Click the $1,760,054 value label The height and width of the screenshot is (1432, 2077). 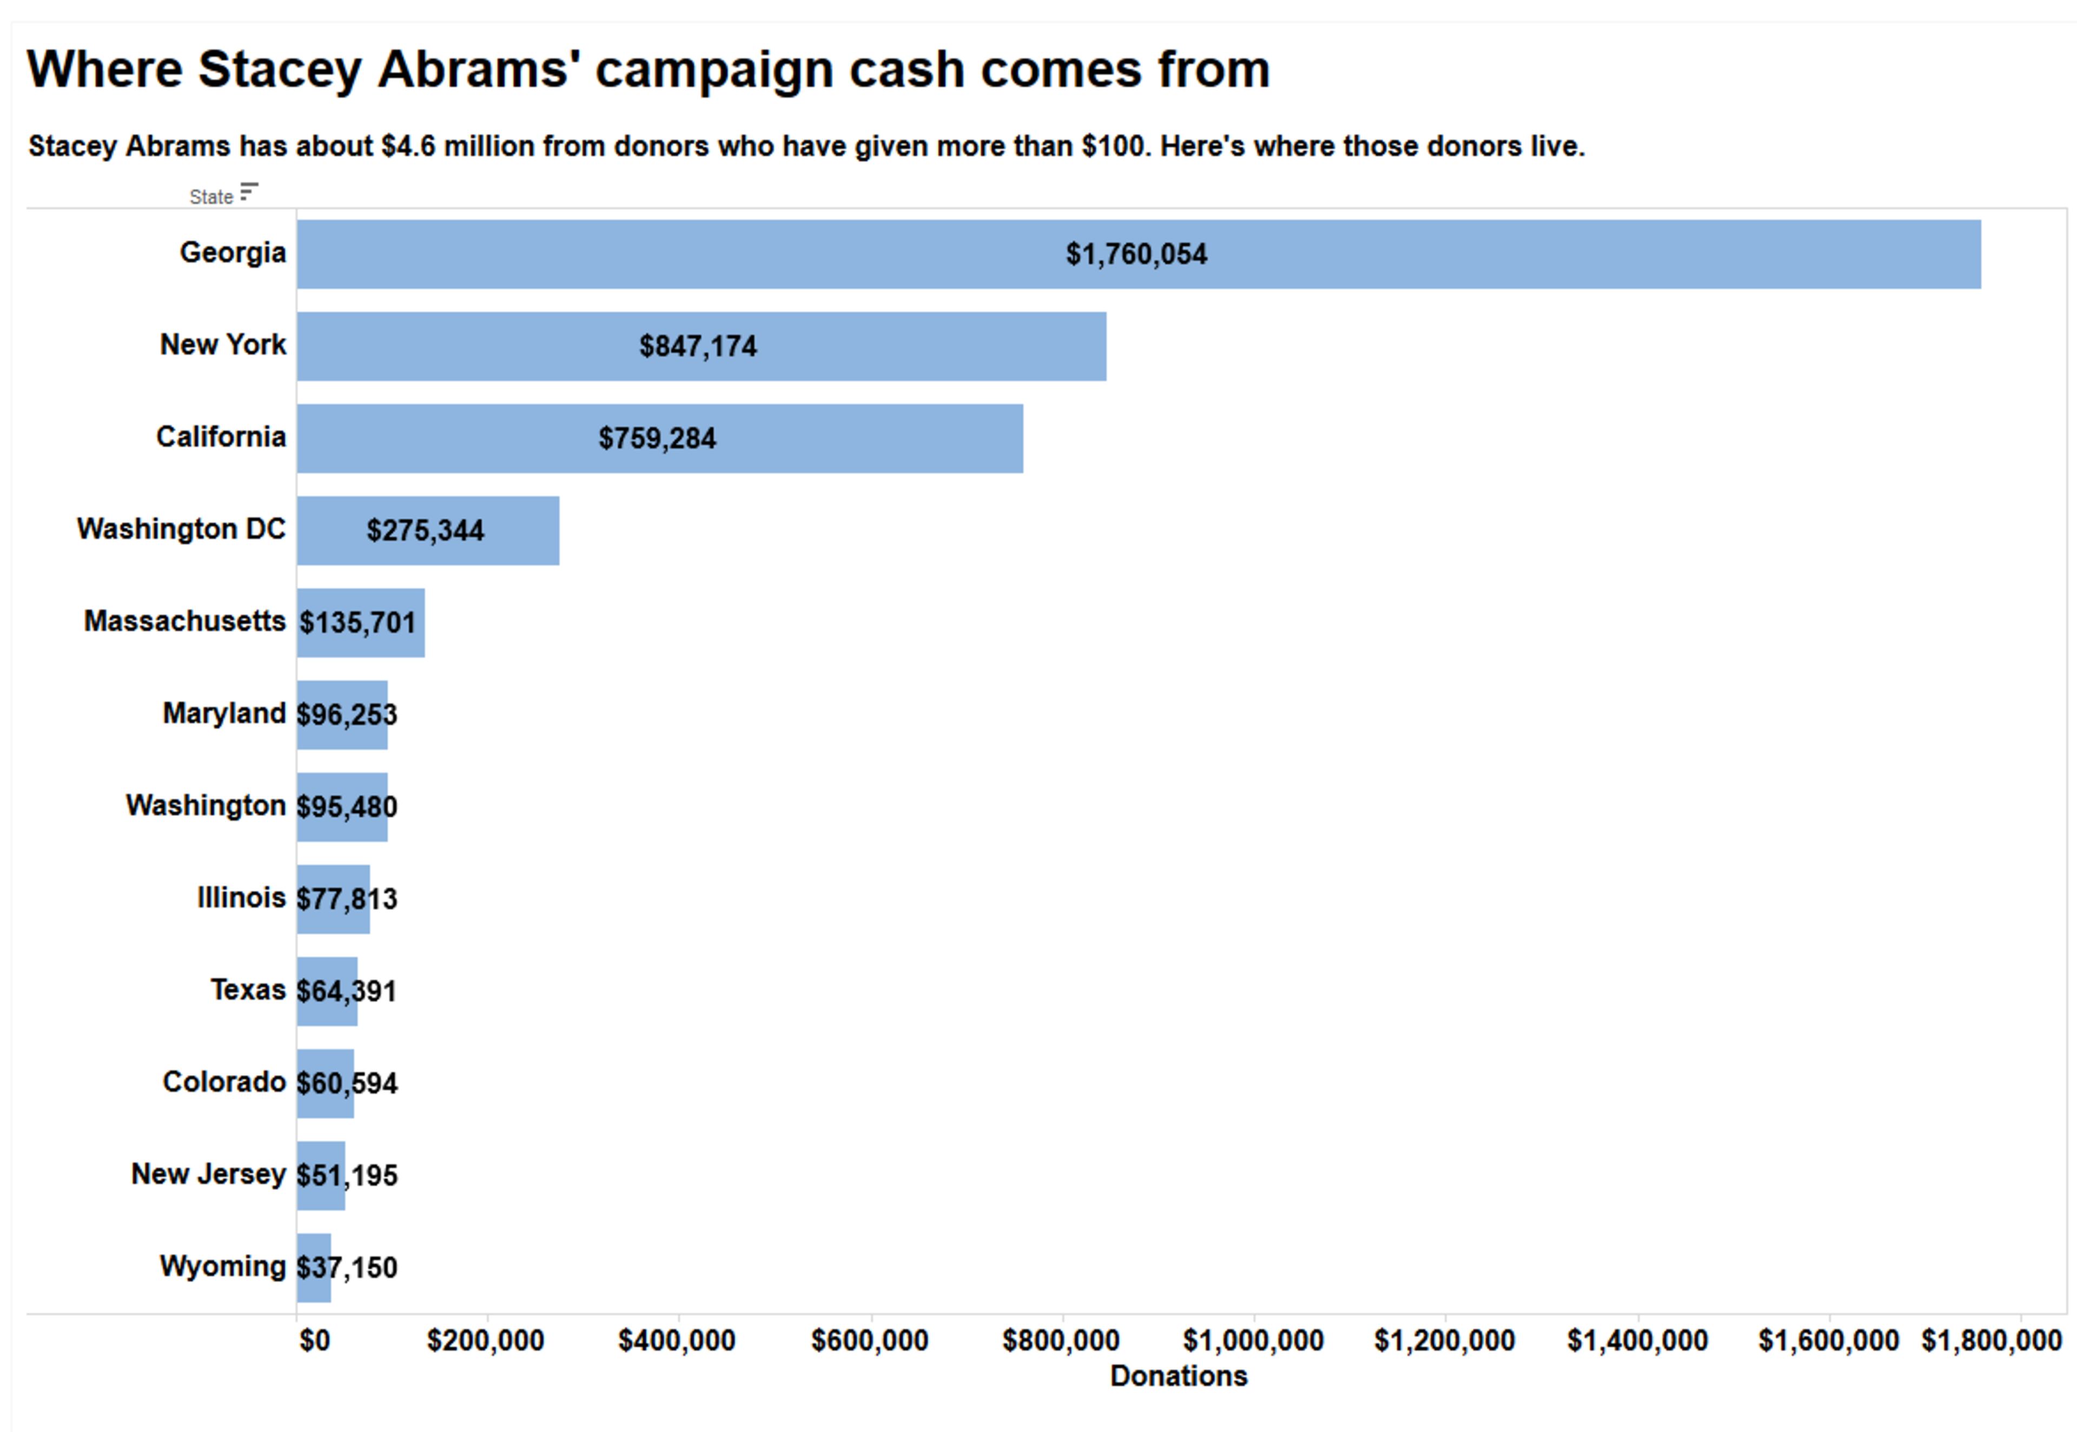click(x=1136, y=255)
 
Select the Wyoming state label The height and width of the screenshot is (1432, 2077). click(x=222, y=1266)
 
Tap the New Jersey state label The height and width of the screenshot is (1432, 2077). click(x=208, y=1174)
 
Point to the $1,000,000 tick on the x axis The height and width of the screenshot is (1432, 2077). click(x=1253, y=1341)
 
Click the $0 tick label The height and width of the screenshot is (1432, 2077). click(x=314, y=1341)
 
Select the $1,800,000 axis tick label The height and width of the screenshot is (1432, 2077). click(x=1991, y=1341)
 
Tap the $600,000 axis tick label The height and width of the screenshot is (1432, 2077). click(x=869, y=1341)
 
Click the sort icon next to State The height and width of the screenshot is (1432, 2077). click(x=248, y=192)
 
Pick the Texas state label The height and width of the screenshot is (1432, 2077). click(x=248, y=990)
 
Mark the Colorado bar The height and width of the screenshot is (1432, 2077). click(x=325, y=1084)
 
